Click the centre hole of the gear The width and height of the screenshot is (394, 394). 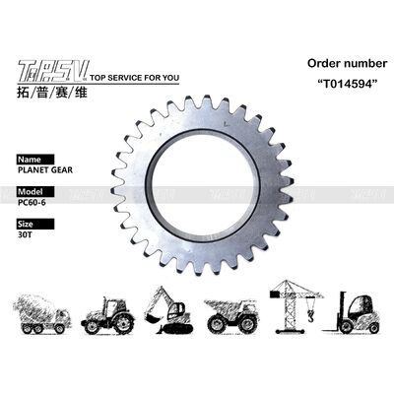[x=209, y=178]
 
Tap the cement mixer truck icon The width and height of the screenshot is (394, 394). [x=42, y=312]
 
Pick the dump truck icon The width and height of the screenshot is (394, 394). [x=232, y=312]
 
